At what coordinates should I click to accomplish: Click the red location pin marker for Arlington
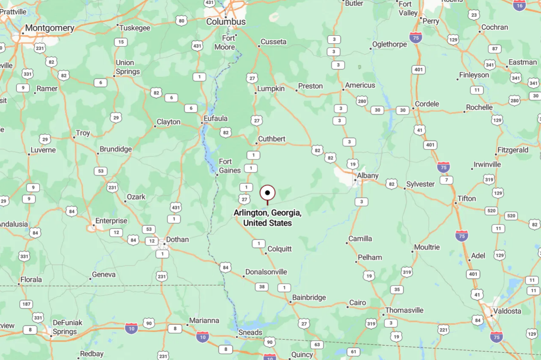tap(267, 193)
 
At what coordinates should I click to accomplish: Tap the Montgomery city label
tap(49, 28)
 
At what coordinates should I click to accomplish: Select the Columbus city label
tap(226, 22)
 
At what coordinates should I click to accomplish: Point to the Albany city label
tap(368, 175)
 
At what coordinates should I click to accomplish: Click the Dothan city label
tap(177, 239)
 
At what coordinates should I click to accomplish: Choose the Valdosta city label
tap(508, 311)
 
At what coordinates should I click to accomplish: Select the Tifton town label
tap(466, 198)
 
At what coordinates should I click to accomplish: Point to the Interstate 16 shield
tap(519, 5)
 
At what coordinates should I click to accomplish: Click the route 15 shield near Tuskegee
tap(120, 42)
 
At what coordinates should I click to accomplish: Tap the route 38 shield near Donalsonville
tap(261, 286)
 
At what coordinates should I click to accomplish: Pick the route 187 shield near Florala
tap(25, 304)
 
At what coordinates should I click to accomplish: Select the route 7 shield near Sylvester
tap(446, 180)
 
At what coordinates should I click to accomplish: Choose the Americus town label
tap(360, 85)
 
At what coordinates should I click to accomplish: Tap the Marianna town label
tap(204, 320)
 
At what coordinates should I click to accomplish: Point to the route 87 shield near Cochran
tap(494, 49)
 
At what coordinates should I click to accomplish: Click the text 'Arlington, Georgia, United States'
tap(267, 218)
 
